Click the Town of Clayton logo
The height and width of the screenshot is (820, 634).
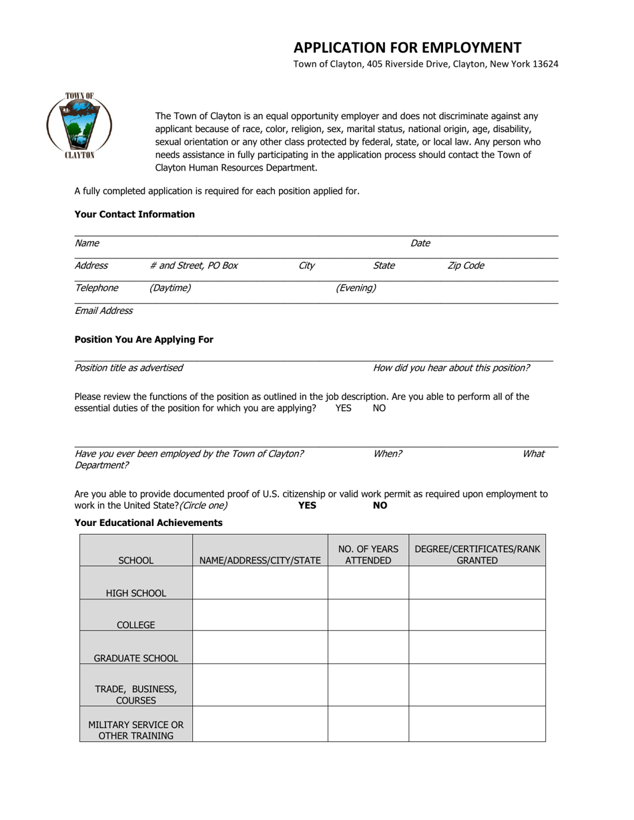(x=79, y=125)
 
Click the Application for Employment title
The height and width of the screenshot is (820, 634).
(x=407, y=47)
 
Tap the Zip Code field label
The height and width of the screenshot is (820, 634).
(x=465, y=265)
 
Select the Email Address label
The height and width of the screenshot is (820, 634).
(x=103, y=310)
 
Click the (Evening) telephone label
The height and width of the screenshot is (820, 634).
(x=355, y=288)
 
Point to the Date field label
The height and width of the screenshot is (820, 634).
(x=420, y=243)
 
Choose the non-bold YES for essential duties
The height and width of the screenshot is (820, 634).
(x=343, y=408)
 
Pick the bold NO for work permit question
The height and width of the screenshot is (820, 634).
(x=380, y=505)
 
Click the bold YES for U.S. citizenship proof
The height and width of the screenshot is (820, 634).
(x=307, y=505)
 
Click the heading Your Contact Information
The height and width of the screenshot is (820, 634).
(x=135, y=214)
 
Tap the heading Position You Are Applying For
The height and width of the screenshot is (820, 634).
(x=144, y=339)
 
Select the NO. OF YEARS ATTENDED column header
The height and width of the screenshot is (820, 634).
(x=368, y=555)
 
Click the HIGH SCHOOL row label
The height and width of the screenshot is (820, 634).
(x=136, y=593)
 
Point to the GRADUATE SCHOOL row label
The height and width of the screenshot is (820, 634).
(x=136, y=658)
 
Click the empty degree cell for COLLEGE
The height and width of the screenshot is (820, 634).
(x=477, y=615)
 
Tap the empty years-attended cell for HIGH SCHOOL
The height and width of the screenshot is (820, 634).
(x=368, y=583)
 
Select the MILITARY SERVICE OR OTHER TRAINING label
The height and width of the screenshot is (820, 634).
(x=136, y=730)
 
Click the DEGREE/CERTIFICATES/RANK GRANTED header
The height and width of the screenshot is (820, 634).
(x=477, y=555)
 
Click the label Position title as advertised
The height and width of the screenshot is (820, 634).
(x=129, y=367)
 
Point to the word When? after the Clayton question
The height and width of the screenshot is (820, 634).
(x=387, y=453)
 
